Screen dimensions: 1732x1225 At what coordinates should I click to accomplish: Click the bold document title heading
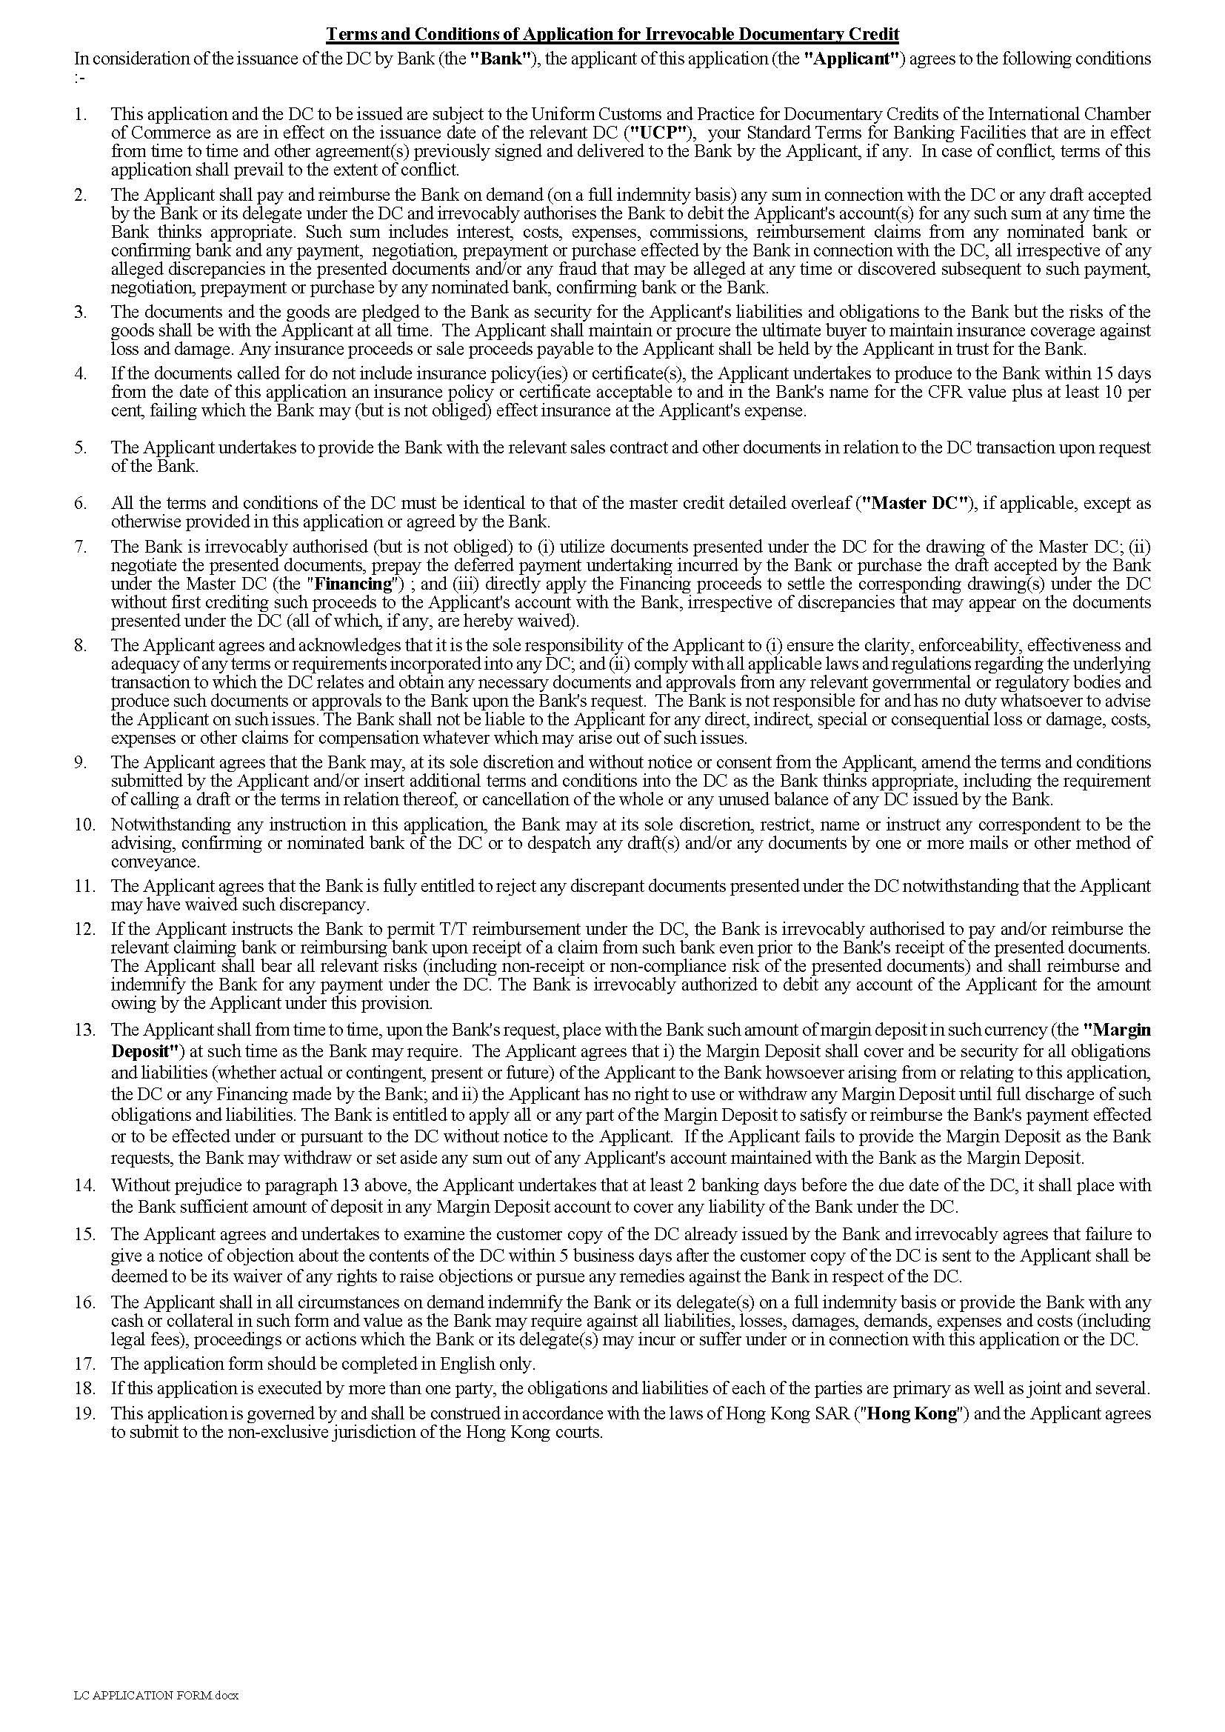pos(612,35)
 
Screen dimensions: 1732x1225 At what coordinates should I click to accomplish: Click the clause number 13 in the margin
pos(84,1030)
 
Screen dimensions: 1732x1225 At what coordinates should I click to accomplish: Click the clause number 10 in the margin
pos(84,825)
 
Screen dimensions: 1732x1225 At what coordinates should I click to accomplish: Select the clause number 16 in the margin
pos(84,1302)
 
